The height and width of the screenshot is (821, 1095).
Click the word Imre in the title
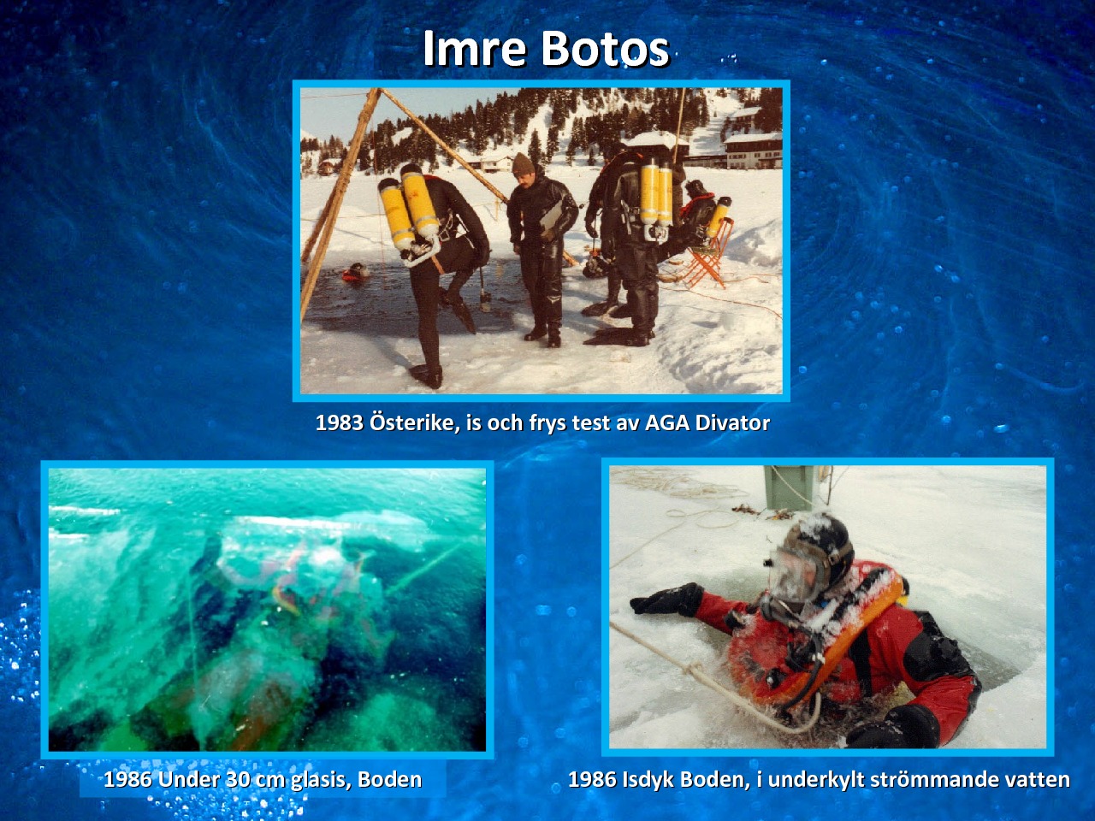pyautogui.click(x=475, y=49)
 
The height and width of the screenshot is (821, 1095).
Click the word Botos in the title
pyautogui.click(x=605, y=49)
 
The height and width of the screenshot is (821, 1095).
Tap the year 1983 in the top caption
pyautogui.click(x=340, y=423)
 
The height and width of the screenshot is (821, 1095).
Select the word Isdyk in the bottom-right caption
pyautogui.click(x=647, y=780)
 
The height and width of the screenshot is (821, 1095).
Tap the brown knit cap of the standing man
pyautogui.click(x=523, y=163)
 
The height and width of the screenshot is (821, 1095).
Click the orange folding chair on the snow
pyautogui.click(x=707, y=254)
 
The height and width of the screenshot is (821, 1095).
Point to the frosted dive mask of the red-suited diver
pyautogui.click(x=793, y=576)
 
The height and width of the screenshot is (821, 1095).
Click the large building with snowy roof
pyautogui.click(x=754, y=150)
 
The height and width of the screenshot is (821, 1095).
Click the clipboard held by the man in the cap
pyautogui.click(x=551, y=220)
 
